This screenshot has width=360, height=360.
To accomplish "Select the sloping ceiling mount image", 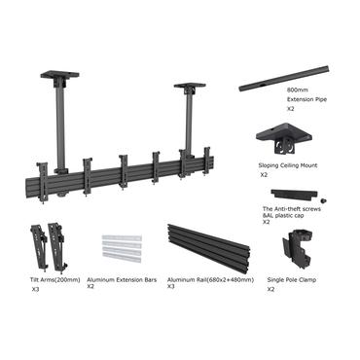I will [287, 142].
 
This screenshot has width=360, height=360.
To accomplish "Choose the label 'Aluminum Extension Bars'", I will [120, 279].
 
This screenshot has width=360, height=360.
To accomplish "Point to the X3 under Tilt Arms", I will [36, 289].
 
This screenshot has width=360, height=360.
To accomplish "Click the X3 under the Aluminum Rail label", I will [170, 287].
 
